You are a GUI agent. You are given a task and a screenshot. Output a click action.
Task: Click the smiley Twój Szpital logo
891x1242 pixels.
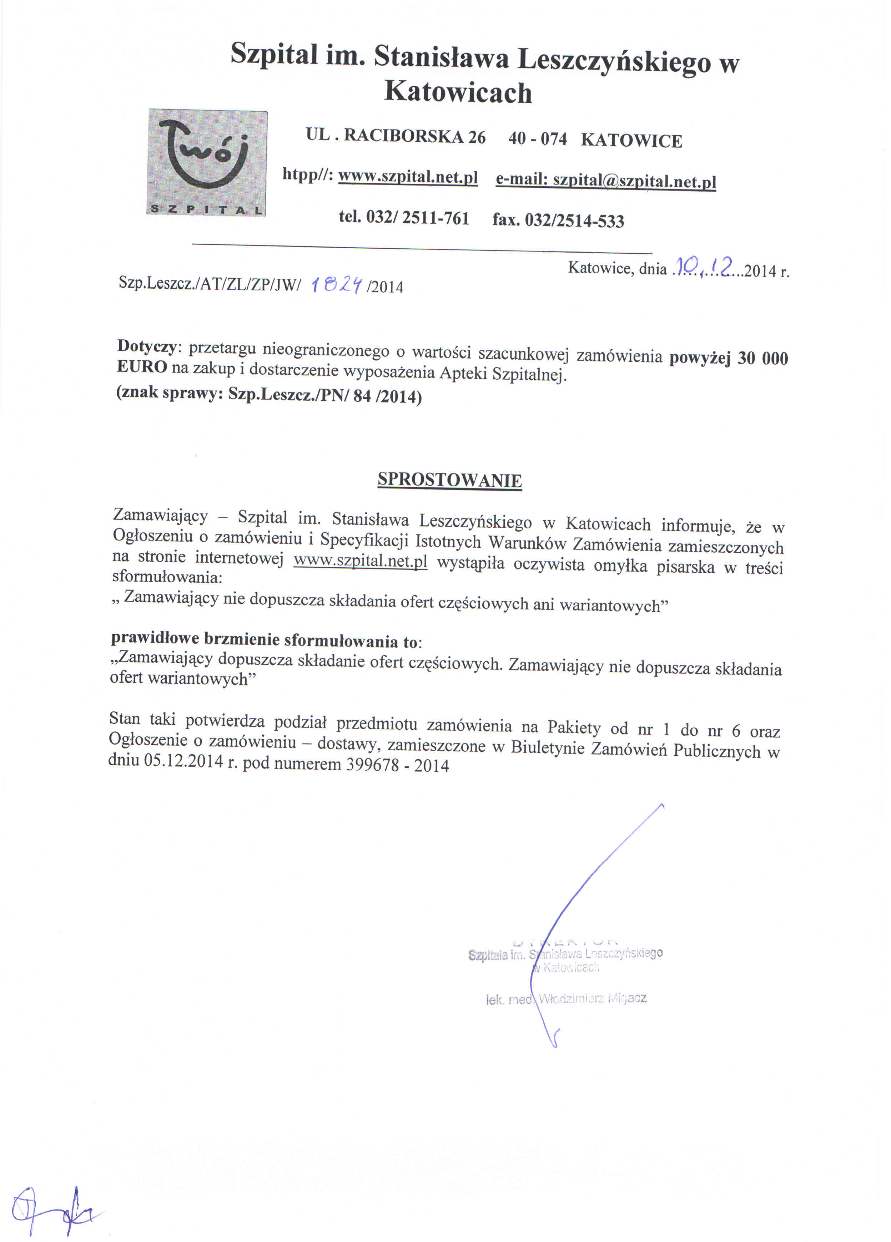tap(207, 163)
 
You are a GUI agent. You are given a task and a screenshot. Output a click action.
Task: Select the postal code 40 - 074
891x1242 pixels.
tap(537, 138)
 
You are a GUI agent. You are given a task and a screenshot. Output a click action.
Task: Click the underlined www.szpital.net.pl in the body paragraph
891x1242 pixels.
tap(360, 561)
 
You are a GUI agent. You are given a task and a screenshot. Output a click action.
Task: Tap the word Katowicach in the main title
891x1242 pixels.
tap(458, 92)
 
